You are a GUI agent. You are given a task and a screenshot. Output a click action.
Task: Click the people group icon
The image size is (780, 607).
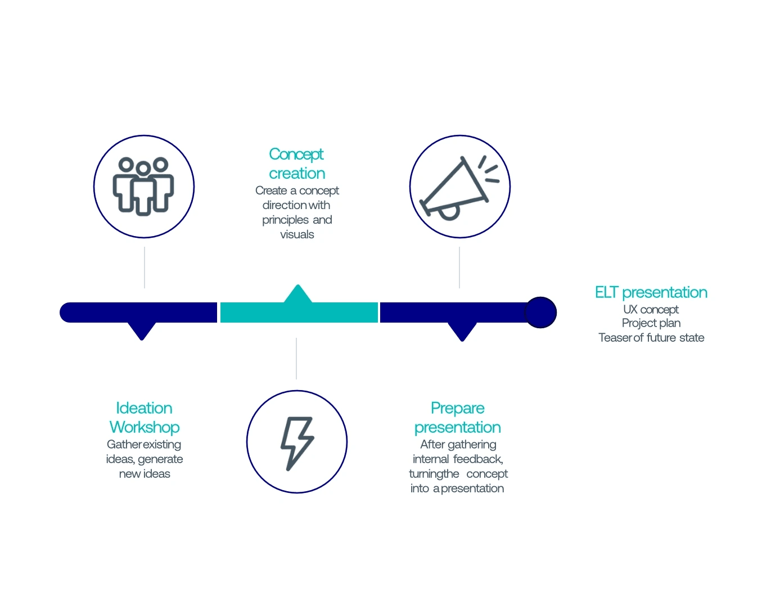pyautogui.click(x=143, y=186)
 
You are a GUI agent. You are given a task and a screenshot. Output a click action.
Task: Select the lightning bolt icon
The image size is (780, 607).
pyautogui.click(x=297, y=442)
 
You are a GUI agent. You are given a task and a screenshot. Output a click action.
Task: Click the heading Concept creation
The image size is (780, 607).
pyautogui.click(x=296, y=164)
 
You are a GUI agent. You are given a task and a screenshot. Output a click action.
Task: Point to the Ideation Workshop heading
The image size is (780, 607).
pyautogui.click(x=145, y=418)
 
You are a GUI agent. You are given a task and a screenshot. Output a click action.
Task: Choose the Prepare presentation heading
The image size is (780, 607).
pyautogui.click(x=457, y=418)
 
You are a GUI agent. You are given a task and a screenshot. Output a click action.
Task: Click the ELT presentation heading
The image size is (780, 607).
pyautogui.click(x=651, y=292)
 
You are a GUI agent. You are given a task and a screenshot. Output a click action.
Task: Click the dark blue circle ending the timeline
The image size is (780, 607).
pyautogui.click(x=540, y=312)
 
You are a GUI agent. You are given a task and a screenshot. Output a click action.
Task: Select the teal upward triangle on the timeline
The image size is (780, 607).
pyautogui.click(x=298, y=294)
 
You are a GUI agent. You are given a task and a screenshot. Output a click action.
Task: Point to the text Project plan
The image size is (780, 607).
pyautogui.click(x=651, y=323)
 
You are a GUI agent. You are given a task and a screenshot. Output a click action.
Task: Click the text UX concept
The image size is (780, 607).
pyautogui.click(x=651, y=309)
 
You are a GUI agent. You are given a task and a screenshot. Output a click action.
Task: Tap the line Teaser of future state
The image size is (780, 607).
pyautogui.click(x=651, y=338)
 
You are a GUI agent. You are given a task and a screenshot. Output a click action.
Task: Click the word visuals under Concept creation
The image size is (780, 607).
pyautogui.click(x=297, y=234)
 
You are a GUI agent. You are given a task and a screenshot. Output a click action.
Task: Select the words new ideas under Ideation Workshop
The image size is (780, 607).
pyautogui.click(x=145, y=474)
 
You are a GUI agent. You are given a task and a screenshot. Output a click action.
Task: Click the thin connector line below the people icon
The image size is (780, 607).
pyautogui.click(x=145, y=268)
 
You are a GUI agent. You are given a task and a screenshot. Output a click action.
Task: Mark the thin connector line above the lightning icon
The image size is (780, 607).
pyautogui.click(x=296, y=359)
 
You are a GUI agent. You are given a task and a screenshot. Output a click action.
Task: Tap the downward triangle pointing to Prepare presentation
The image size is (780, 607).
pyautogui.click(x=462, y=331)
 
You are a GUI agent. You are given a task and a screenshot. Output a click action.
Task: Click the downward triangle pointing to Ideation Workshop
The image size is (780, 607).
pyautogui.click(x=142, y=330)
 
